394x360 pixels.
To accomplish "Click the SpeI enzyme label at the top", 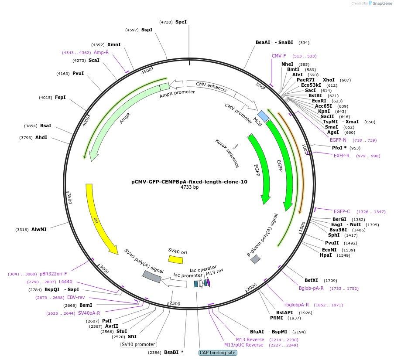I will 181,22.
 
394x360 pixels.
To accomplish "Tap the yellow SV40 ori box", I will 175,259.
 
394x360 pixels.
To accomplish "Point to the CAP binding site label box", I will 218,353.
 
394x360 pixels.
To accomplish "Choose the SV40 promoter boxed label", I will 138,344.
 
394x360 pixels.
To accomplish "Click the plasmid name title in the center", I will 189,182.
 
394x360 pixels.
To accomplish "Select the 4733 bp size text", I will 189,187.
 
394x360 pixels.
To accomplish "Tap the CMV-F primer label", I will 279,56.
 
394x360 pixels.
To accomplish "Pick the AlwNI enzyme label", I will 39,229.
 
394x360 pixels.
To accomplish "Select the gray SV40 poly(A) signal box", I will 152,276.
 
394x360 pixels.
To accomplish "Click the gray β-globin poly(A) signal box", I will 256,259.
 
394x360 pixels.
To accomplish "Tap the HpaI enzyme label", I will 325,255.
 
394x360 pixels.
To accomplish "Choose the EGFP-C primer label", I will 342,212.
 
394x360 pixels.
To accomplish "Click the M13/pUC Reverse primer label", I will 244,345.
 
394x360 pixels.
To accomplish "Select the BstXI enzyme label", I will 312,280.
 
